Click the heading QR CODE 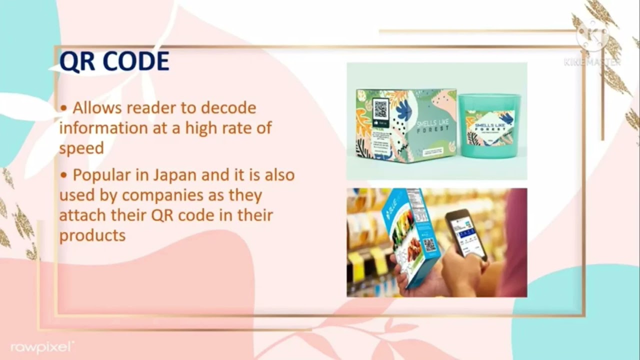114,61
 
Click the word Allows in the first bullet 97,107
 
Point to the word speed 81,148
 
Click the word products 92,235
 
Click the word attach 81,215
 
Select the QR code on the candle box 380,108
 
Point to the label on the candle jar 489,127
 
